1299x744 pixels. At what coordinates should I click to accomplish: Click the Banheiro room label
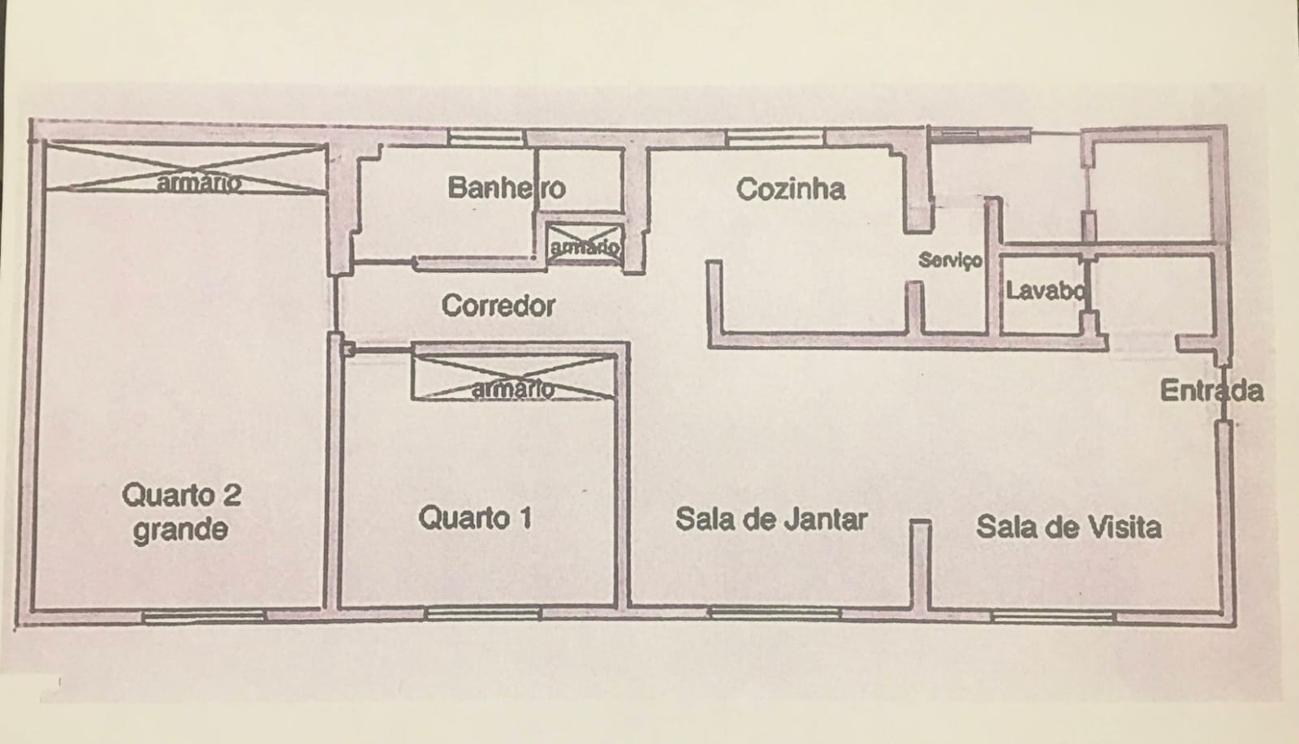(x=506, y=188)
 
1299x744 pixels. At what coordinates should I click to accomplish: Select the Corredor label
(x=498, y=306)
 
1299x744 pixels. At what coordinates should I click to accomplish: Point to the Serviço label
(x=950, y=261)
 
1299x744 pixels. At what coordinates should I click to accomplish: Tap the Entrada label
(x=1211, y=391)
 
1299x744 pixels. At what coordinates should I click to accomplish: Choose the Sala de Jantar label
(x=771, y=519)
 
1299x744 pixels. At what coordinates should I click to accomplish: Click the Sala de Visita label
(x=1068, y=527)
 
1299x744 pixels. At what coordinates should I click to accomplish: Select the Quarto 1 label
(x=475, y=517)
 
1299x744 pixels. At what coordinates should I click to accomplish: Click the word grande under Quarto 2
(x=180, y=530)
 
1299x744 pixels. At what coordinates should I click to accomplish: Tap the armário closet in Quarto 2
(x=185, y=169)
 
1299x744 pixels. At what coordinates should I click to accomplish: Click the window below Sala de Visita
(x=1054, y=616)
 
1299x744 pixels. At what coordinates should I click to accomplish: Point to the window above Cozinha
(x=775, y=136)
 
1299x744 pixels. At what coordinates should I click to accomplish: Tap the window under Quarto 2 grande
(x=204, y=616)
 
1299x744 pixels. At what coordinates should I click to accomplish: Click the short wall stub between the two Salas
(x=919, y=564)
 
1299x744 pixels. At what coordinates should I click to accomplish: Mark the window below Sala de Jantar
(x=775, y=614)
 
